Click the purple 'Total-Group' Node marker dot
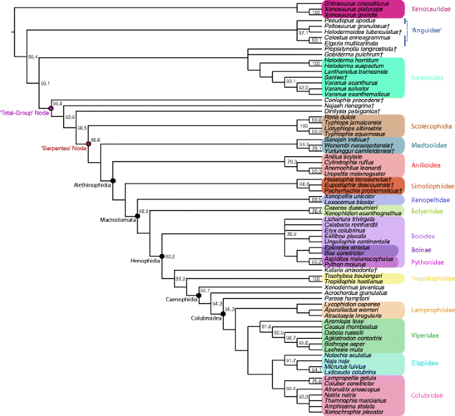point(50,108)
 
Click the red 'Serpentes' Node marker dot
point(88,144)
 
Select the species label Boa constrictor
point(343,253)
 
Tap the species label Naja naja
point(337,360)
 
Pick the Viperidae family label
point(425,336)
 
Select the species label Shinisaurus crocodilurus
point(355,3)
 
